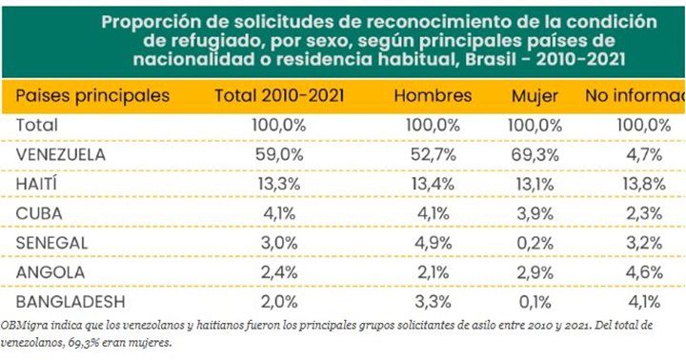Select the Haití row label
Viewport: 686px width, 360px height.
[40, 183]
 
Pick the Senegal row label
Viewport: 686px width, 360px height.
[52, 242]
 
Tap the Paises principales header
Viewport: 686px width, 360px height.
[93, 96]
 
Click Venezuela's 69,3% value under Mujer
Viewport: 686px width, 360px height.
[535, 153]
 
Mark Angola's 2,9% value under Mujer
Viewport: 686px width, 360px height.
[535, 271]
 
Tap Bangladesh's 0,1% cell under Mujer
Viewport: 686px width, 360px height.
[535, 301]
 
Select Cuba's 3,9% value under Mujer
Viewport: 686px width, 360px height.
[535, 212]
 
